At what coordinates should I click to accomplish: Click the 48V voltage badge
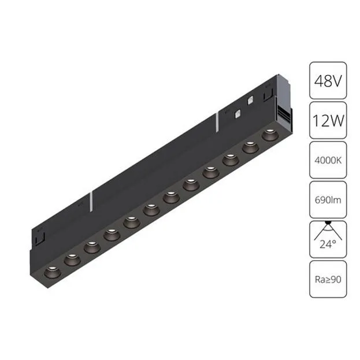click(x=328, y=80)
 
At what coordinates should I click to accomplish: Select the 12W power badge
click(x=328, y=120)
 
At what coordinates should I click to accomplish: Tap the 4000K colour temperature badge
click(x=328, y=159)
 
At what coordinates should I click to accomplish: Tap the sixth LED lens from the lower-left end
click(x=151, y=208)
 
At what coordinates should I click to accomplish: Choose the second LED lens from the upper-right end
click(x=250, y=147)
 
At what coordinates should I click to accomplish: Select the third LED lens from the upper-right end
click(x=231, y=158)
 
